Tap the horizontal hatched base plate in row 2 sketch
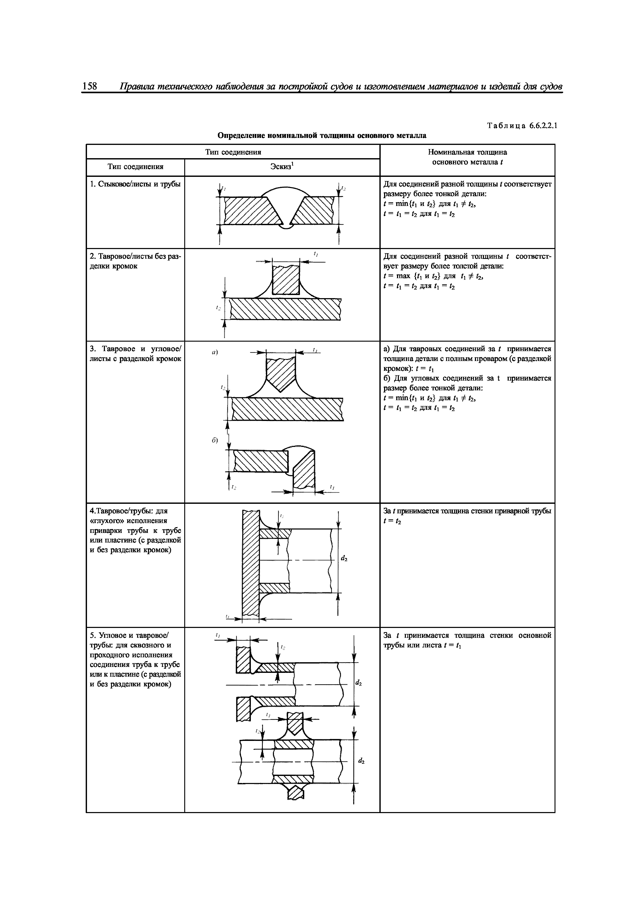(x=285, y=309)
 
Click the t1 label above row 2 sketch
(x=316, y=254)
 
